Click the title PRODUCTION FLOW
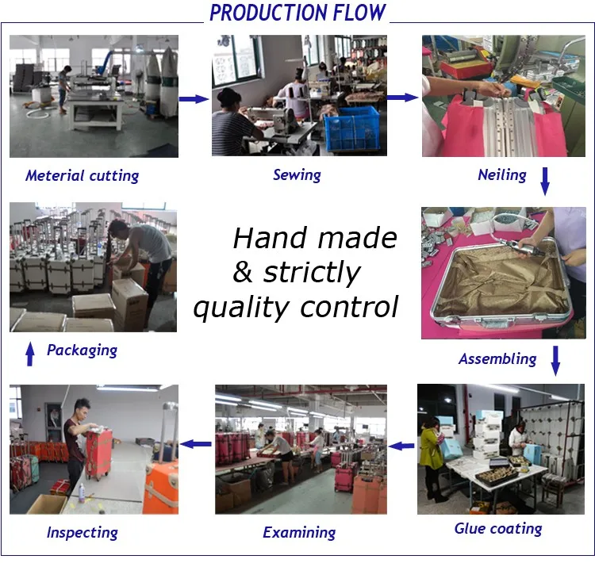297,13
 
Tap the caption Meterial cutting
82,176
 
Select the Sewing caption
297,175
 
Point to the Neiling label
502,175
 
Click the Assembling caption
497,359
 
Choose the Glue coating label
498,528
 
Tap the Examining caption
299,533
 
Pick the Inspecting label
82,533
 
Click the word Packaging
82,350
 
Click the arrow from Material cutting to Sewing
194,99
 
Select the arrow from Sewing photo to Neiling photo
402,98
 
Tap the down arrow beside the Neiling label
545,182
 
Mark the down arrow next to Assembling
555,361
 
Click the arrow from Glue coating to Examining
401,446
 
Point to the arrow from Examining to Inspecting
195,444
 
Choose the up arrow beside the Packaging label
30,354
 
